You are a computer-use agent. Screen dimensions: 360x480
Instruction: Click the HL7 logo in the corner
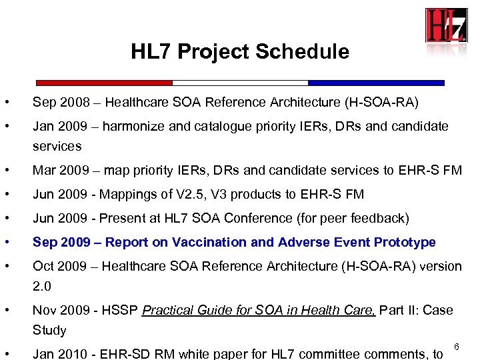tap(446, 25)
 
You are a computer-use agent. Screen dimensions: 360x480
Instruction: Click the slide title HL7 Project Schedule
tap(239, 52)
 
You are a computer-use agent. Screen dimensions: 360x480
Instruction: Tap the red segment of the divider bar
tap(104, 83)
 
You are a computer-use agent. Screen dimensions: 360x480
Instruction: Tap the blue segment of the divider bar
tap(376, 83)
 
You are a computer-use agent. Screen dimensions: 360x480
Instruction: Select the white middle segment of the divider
tap(240, 83)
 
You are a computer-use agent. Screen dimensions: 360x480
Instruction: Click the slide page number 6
tap(457, 347)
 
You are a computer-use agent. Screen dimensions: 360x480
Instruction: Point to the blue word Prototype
tap(405, 242)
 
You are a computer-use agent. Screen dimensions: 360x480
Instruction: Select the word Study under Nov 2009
tap(49, 330)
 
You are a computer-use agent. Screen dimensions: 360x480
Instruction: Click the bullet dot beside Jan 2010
tap(6, 353)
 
